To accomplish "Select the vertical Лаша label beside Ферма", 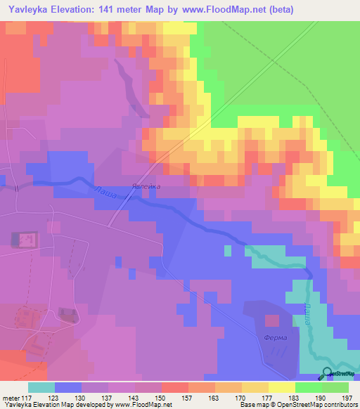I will pyautogui.click(x=307, y=313).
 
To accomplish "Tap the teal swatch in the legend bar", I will pyautogui.click(x=41, y=387).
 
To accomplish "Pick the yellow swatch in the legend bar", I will pyautogui.click(x=281, y=387).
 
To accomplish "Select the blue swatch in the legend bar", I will pyautogui.click(x=68, y=387).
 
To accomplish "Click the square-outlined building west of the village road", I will pyautogui.click(x=23, y=240).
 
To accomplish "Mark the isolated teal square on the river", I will pyautogui.click(x=227, y=249).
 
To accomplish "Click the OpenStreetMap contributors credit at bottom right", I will pyautogui.click(x=316, y=405).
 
